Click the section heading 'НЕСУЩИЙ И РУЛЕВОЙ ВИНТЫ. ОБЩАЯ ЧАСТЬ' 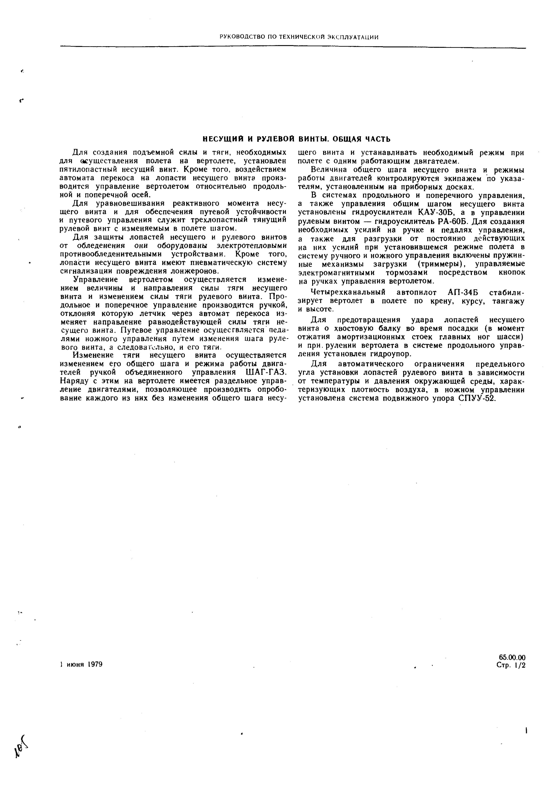(x=297, y=139)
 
